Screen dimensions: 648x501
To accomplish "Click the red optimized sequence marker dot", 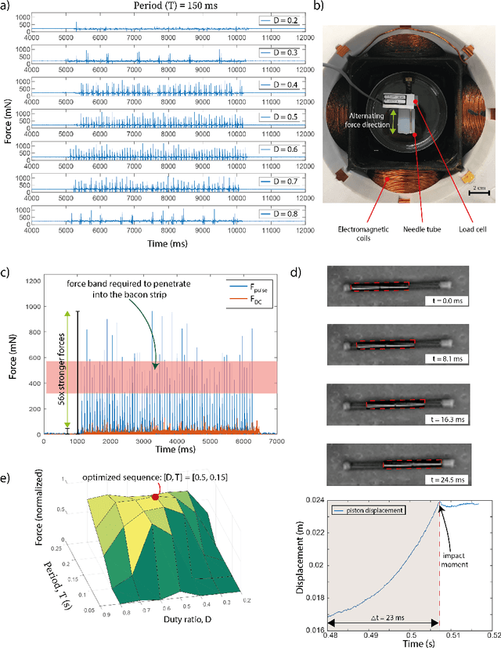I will click(156, 496).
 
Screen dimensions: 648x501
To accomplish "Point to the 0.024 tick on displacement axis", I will click(315, 501).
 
